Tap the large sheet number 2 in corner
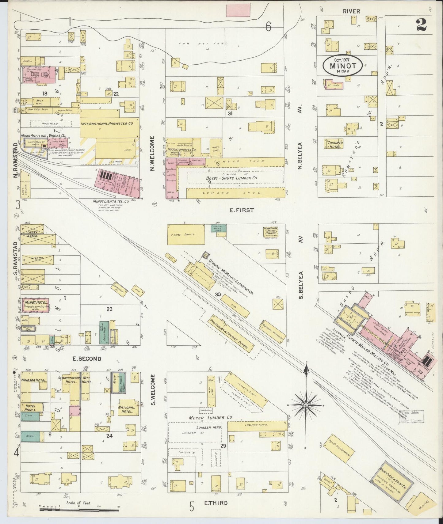tap(422, 25)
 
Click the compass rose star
tap(306, 405)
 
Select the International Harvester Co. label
tap(107, 124)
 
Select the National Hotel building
tap(127, 409)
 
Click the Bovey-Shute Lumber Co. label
tap(235, 178)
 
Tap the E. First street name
tap(242, 210)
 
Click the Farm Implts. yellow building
tap(186, 234)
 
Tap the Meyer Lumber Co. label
tap(211, 417)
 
